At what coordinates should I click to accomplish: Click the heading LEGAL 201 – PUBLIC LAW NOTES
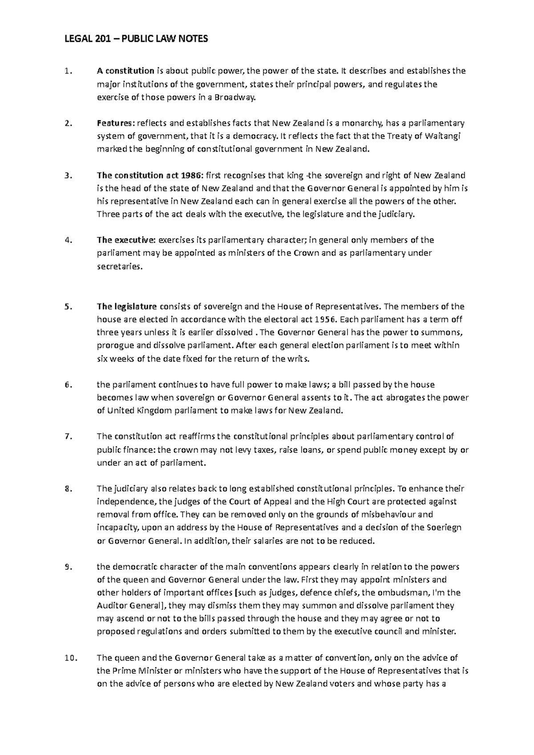coord(136,39)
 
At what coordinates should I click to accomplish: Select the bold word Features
coord(116,123)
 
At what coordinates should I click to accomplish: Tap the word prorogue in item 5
coord(113,345)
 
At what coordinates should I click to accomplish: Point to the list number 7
coord(67,436)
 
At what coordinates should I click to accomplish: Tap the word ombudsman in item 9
coord(402,593)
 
